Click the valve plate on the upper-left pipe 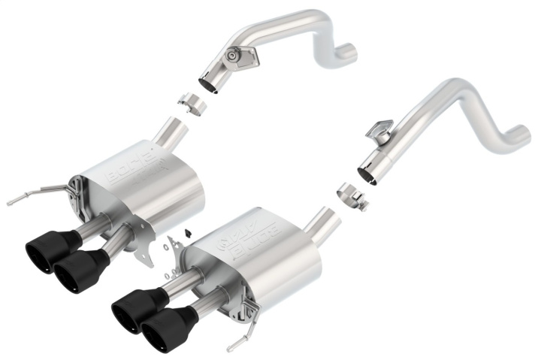pyautogui.click(x=239, y=56)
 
